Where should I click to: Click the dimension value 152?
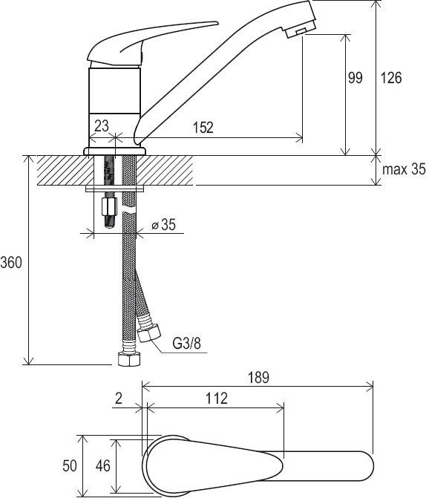click(203, 127)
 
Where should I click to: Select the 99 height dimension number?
click(355, 78)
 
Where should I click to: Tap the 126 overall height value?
click(391, 78)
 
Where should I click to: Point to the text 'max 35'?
click(404, 169)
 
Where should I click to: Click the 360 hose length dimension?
click(11, 262)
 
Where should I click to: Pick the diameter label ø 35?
click(163, 225)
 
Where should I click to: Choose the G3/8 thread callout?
click(187, 344)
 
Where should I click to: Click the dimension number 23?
click(102, 125)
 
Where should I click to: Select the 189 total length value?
click(258, 377)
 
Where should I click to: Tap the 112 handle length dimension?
click(217, 398)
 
